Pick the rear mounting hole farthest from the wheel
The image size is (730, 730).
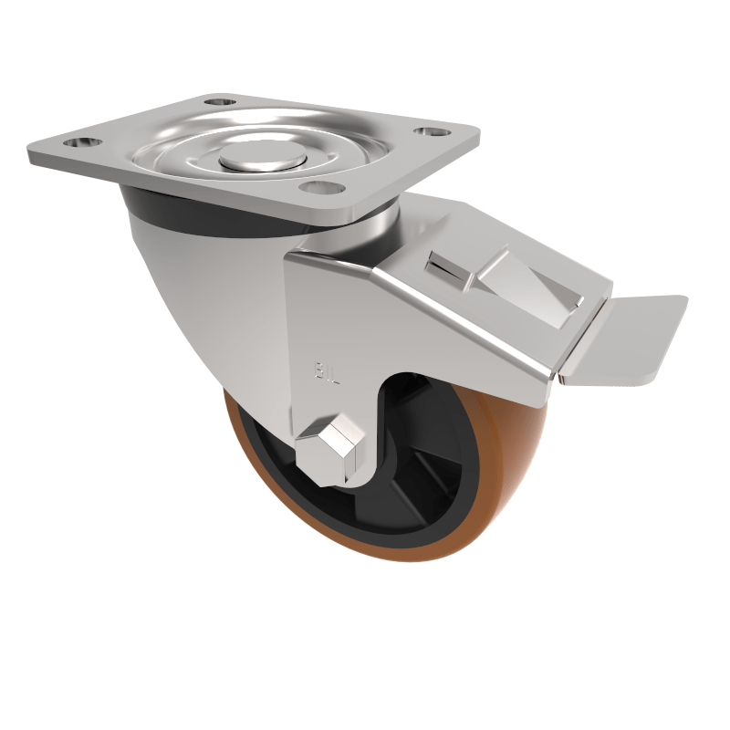point(217,100)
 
